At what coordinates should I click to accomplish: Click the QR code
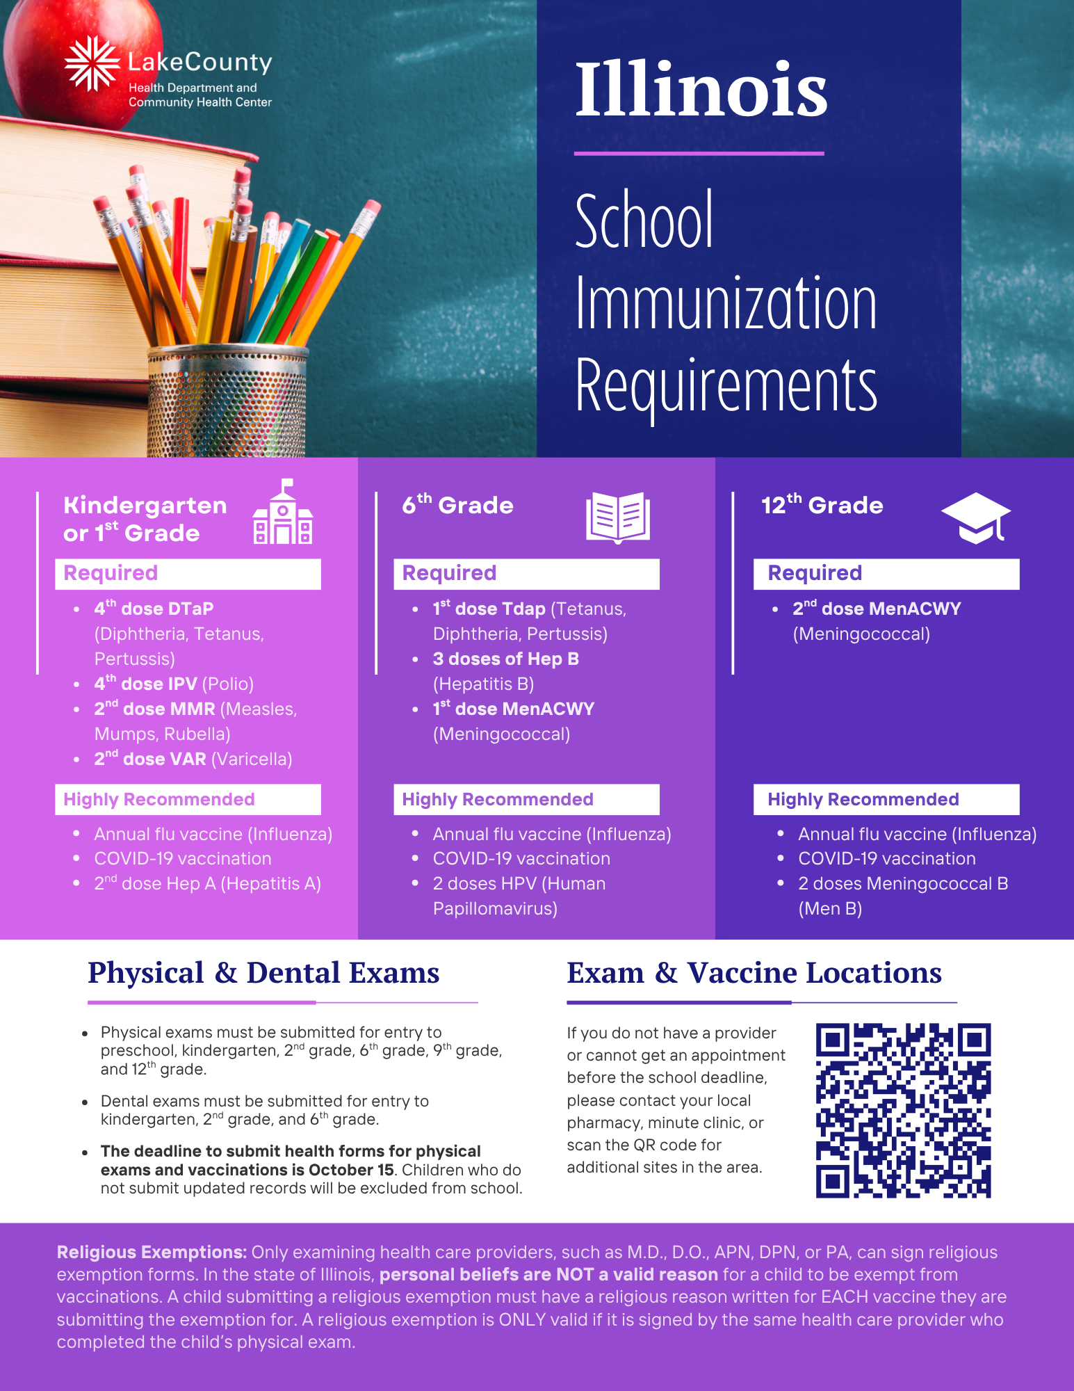tap(903, 1111)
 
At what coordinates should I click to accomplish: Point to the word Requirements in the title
tap(726, 385)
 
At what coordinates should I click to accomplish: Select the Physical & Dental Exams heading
tap(263, 973)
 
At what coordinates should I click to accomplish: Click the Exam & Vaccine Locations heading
tap(754, 973)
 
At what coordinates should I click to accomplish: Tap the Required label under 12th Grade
tap(815, 573)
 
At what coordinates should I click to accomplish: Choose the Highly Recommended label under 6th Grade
tap(498, 800)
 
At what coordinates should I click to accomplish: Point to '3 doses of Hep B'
tap(505, 659)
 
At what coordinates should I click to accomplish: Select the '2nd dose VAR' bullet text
tap(151, 759)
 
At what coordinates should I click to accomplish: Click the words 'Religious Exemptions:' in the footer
tap(152, 1253)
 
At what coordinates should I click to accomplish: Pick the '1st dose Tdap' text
tap(489, 609)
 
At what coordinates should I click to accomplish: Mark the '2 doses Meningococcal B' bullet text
tap(902, 884)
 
